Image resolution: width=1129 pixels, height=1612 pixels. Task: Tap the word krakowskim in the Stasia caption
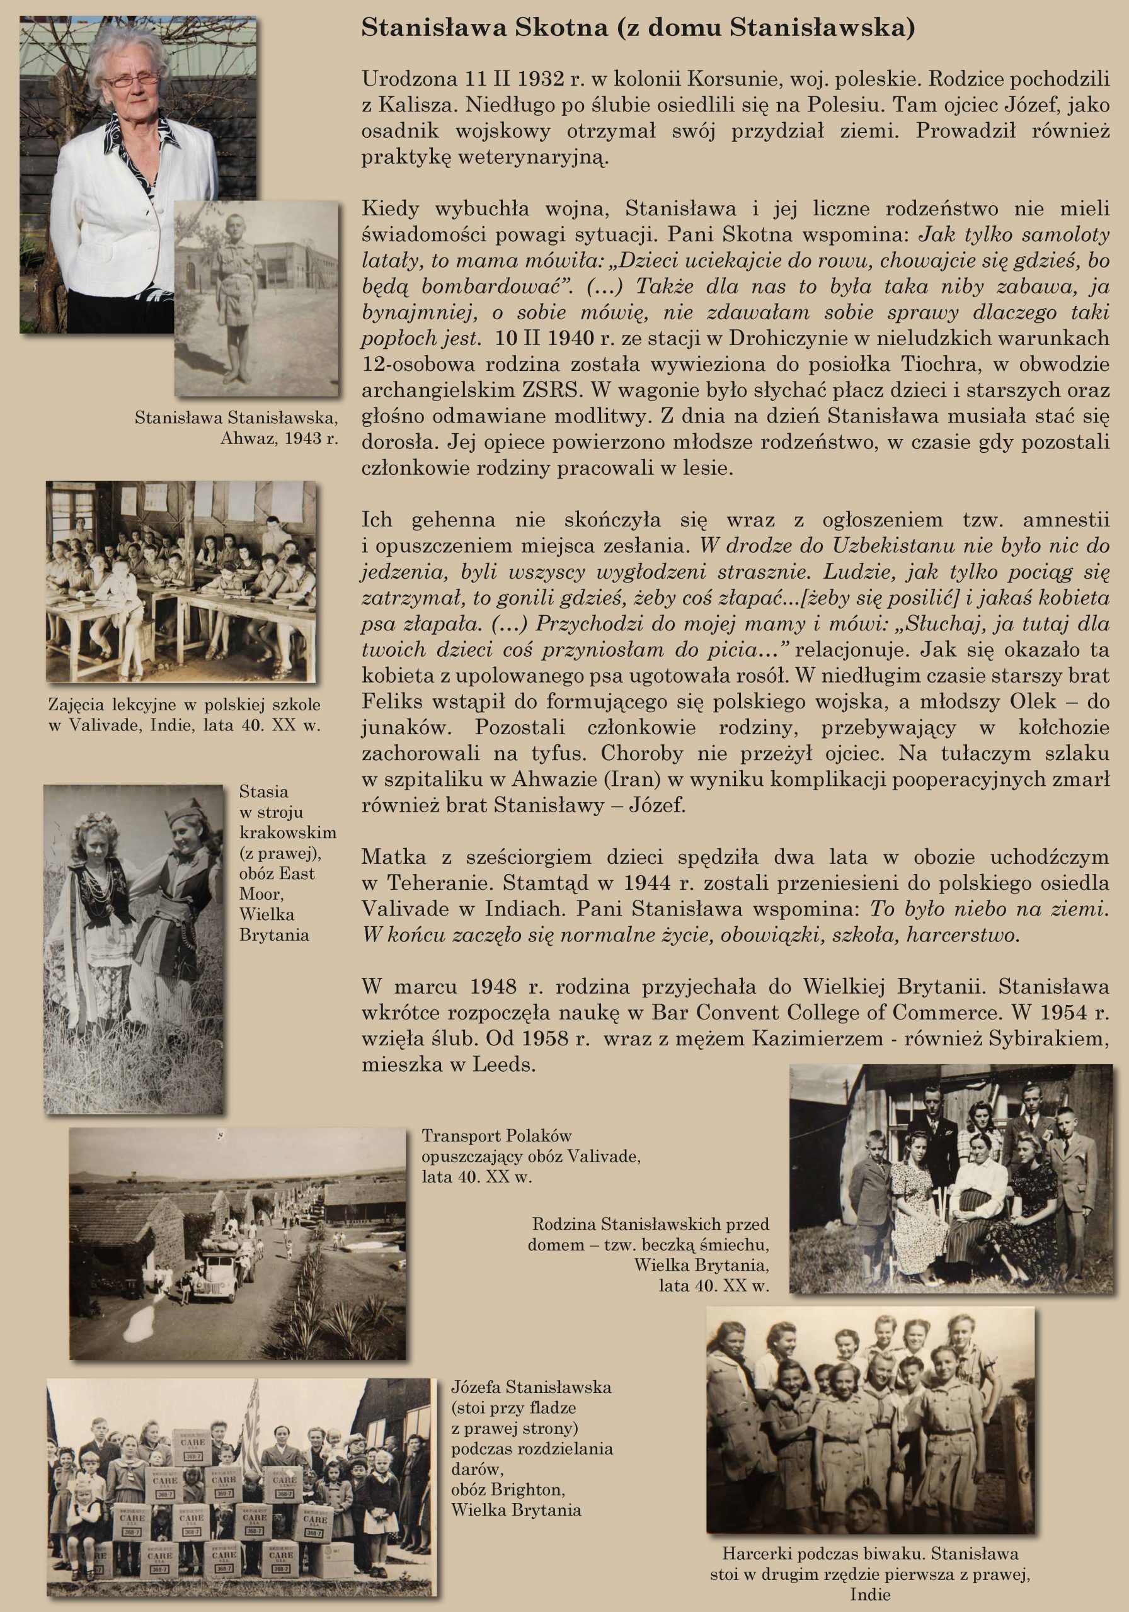[288, 832]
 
